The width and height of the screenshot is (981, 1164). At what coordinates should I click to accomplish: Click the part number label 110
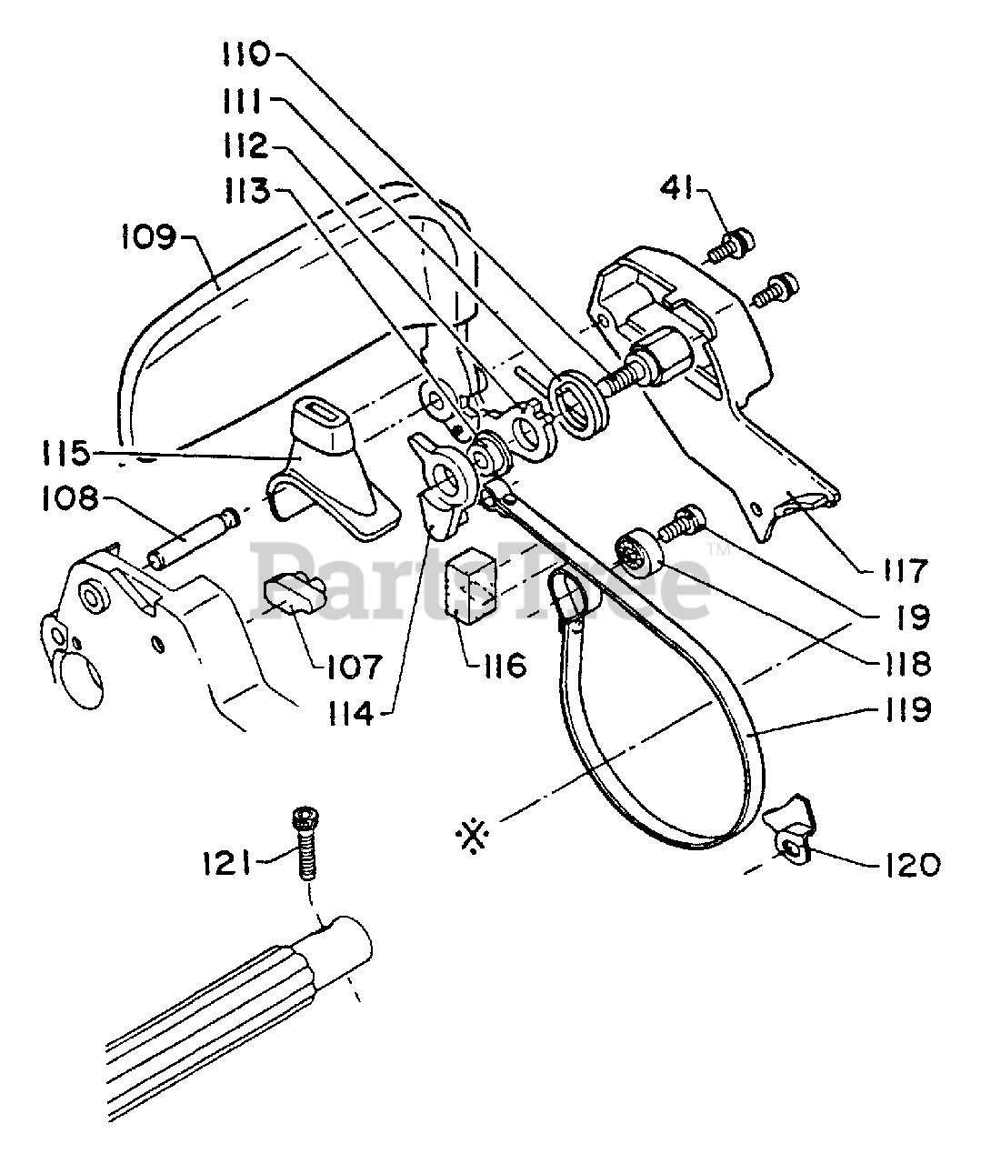[x=245, y=55]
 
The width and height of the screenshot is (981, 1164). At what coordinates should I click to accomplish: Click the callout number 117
[x=900, y=570]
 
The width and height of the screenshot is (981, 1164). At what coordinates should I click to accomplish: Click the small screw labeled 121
[x=304, y=841]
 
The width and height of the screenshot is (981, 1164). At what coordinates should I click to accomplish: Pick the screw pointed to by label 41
[x=730, y=245]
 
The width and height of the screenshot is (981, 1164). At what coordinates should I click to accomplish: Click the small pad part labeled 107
[x=292, y=595]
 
